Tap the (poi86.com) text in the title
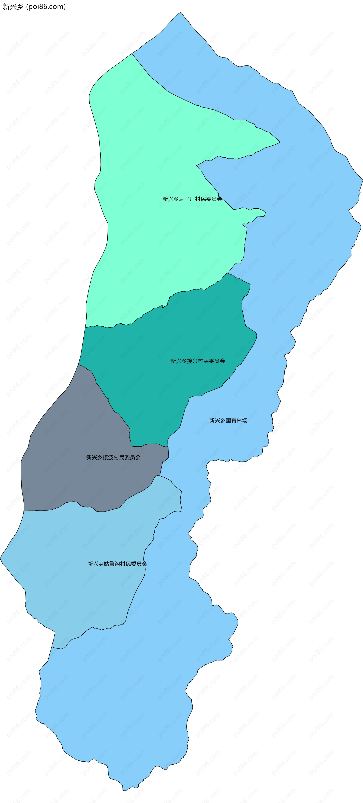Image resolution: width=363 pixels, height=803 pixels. (46, 7)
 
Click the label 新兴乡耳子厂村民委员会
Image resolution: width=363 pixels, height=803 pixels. (192, 199)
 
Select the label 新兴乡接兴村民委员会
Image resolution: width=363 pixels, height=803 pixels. (197, 361)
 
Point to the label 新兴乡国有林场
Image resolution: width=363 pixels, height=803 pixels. (228, 420)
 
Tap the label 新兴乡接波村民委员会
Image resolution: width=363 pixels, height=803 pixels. (113, 457)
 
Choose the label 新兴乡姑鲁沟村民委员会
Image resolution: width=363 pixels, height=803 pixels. (117, 564)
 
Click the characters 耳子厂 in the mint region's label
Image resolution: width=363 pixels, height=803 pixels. (186, 199)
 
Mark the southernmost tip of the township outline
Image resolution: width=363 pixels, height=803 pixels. (123, 790)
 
